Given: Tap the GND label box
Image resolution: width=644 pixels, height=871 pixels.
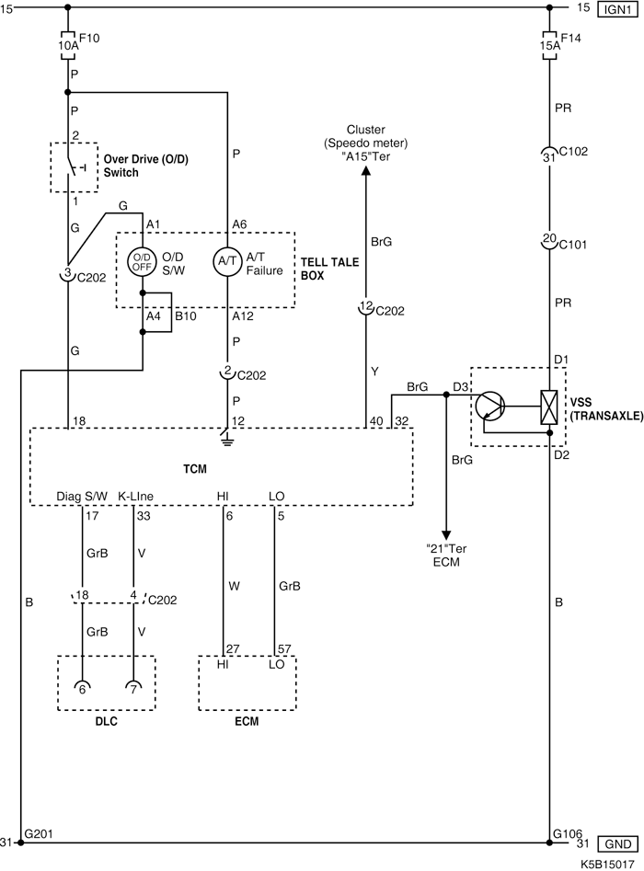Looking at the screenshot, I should point(614,843).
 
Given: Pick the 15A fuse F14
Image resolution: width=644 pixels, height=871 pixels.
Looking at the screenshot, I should point(549,44).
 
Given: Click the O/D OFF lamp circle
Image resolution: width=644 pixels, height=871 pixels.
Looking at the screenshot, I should point(143,261).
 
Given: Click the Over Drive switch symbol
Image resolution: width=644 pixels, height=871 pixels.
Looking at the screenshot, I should point(72,167).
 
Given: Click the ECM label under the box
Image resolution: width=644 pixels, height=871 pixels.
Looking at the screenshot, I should point(247,722).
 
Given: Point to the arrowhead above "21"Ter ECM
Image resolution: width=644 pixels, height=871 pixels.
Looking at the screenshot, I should point(446,534).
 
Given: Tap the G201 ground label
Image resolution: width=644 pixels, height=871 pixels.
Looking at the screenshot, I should point(38,834).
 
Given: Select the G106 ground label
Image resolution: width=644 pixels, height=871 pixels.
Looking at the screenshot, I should point(566,834).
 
